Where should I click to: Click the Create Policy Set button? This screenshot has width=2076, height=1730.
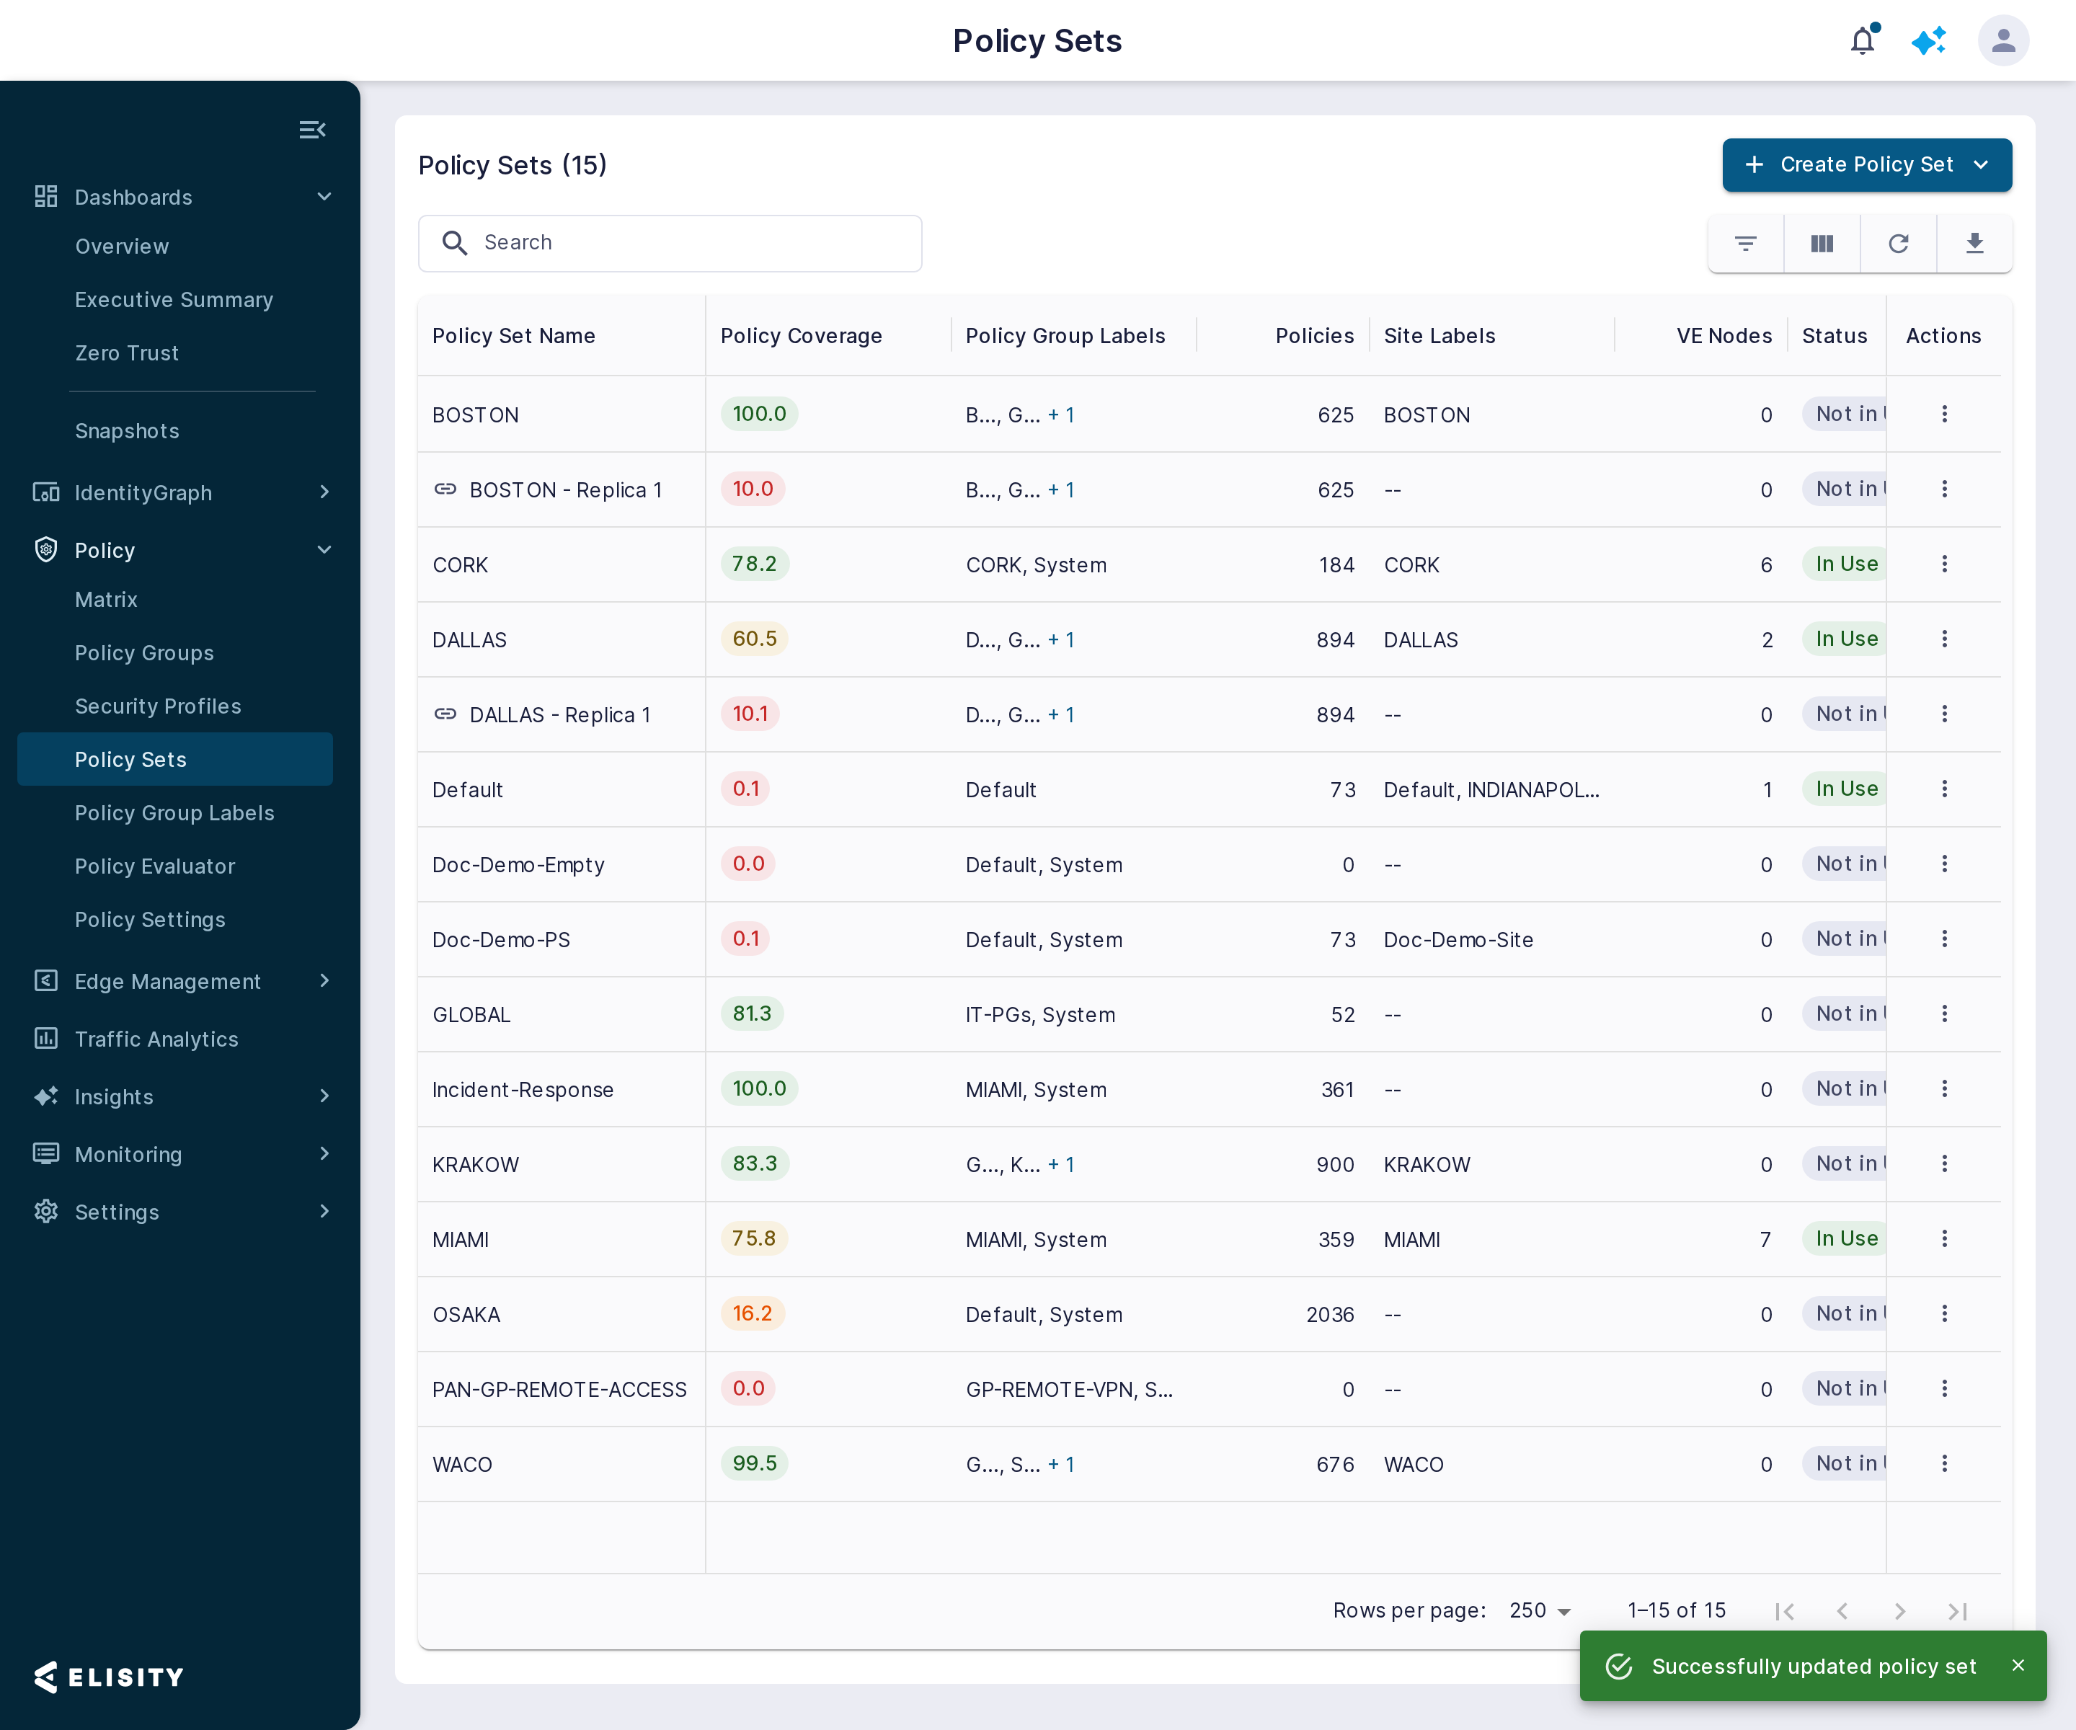click(x=1866, y=164)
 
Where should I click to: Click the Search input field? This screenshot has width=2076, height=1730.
click(x=670, y=243)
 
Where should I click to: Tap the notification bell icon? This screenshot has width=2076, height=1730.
click(x=1863, y=40)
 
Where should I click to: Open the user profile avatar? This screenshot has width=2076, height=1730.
click(x=2003, y=40)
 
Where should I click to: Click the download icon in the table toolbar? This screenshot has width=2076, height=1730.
click(x=1974, y=243)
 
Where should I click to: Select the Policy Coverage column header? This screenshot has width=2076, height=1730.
click(x=801, y=336)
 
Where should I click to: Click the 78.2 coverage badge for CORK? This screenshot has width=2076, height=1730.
click(x=754, y=564)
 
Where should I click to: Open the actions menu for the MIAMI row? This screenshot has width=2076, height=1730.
click(x=1943, y=1238)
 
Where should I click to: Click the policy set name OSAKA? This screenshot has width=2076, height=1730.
click(x=466, y=1315)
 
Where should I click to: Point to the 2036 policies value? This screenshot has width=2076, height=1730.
click(x=1330, y=1315)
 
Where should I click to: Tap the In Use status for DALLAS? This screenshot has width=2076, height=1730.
click(x=1845, y=639)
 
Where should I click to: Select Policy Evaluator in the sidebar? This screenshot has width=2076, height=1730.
click(x=155, y=866)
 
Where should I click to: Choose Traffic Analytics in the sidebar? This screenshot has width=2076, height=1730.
click(x=156, y=1039)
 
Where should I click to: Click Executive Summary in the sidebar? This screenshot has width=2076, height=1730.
click(x=174, y=300)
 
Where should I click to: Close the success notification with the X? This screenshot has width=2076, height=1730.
click(x=2018, y=1666)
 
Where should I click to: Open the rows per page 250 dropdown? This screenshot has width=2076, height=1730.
click(x=1539, y=1610)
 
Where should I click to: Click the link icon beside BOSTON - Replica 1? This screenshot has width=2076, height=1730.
click(x=445, y=489)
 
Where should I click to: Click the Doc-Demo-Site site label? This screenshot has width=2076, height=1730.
click(x=1458, y=940)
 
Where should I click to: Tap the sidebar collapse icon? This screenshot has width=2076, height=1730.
click(x=312, y=130)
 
